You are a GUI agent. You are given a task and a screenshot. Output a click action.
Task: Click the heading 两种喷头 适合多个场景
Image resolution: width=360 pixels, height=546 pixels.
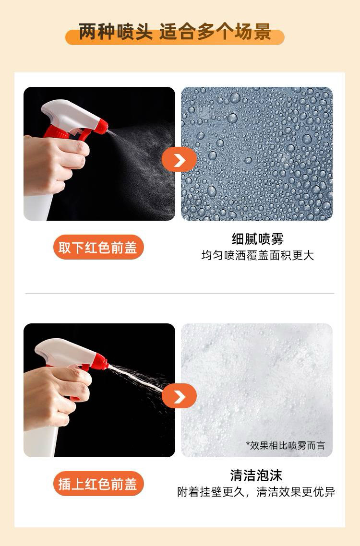click(x=175, y=32)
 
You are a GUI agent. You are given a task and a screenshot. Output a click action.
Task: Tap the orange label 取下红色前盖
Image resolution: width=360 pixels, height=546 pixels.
click(x=98, y=247)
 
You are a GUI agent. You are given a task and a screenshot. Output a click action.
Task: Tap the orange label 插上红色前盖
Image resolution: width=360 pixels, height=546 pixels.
click(x=98, y=484)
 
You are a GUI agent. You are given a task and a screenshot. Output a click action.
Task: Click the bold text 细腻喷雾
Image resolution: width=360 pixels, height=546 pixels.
click(x=257, y=239)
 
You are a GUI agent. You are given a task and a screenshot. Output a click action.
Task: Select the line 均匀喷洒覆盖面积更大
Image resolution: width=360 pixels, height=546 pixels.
click(x=257, y=255)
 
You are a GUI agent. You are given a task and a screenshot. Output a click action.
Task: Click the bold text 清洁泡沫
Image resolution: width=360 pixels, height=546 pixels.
click(x=256, y=475)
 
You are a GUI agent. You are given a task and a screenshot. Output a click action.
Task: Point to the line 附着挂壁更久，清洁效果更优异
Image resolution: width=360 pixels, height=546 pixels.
click(x=256, y=492)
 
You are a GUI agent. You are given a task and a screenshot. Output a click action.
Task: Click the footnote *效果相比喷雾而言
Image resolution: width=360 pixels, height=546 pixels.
click(x=285, y=445)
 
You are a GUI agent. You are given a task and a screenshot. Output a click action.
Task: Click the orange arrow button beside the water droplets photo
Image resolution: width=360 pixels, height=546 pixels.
click(x=179, y=159)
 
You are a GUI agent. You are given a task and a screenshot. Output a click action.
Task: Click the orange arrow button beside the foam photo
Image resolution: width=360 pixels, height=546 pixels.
click(x=179, y=396)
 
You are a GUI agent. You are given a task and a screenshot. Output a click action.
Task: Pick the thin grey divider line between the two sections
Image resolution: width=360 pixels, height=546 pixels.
click(x=180, y=293)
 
